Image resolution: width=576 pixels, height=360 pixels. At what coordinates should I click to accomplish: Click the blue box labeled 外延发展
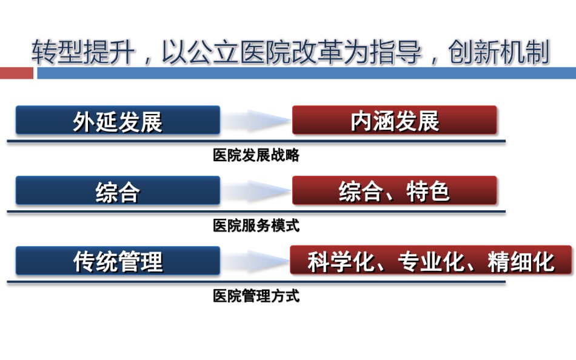[118, 120]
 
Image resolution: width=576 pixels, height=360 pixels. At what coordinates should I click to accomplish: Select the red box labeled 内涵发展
[395, 120]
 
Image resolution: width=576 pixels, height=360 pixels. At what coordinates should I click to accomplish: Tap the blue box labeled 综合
[118, 190]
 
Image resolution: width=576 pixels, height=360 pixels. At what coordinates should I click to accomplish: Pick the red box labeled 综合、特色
[395, 190]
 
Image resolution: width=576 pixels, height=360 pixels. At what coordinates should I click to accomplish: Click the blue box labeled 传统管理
[118, 261]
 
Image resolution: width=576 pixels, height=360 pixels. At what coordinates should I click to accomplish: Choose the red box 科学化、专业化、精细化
[431, 261]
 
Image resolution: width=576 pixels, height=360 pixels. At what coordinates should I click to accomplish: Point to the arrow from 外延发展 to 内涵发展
[256, 120]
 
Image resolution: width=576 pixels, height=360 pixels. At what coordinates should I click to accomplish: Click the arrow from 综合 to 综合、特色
[256, 190]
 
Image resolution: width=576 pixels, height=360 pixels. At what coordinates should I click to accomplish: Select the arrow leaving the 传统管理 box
[256, 261]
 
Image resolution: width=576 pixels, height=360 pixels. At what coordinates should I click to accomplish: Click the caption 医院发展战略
[256, 155]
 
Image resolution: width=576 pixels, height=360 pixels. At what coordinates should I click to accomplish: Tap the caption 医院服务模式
[256, 225]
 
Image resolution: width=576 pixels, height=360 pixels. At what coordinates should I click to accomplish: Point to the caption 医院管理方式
[256, 296]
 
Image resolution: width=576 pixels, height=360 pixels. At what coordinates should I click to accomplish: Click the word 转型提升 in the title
[84, 52]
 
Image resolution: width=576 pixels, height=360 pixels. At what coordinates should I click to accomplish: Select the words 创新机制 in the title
[499, 52]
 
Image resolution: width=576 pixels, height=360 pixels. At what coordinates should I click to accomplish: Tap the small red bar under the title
[16, 73]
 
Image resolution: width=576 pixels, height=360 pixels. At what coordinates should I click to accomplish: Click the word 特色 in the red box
[428, 191]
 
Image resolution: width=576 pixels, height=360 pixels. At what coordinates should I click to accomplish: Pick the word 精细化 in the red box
[521, 261]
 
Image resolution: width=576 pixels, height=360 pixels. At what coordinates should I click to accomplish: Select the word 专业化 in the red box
[431, 261]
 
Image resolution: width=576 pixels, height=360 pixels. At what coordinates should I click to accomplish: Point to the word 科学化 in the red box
[341, 261]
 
